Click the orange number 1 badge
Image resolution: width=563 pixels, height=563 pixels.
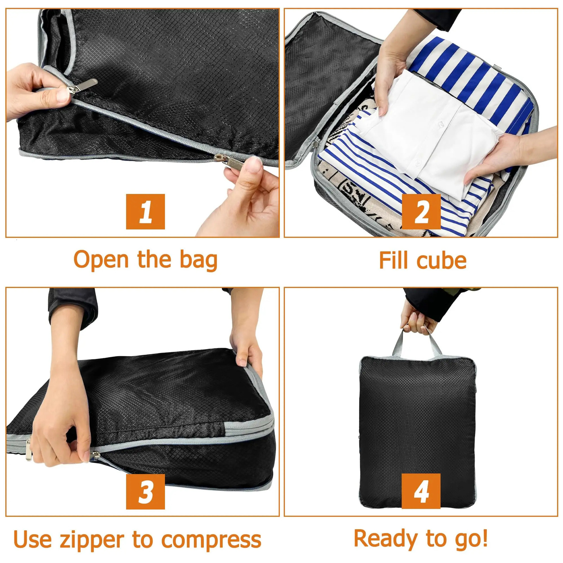click(145, 211)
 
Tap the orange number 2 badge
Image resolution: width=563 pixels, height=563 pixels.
click(421, 211)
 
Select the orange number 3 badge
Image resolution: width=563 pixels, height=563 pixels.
click(145, 491)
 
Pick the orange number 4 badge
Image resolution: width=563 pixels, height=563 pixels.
click(421, 491)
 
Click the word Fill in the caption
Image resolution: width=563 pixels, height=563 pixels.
click(393, 261)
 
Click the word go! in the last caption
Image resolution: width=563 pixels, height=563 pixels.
click(470, 539)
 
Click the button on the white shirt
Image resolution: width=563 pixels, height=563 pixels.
click(440, 124)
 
